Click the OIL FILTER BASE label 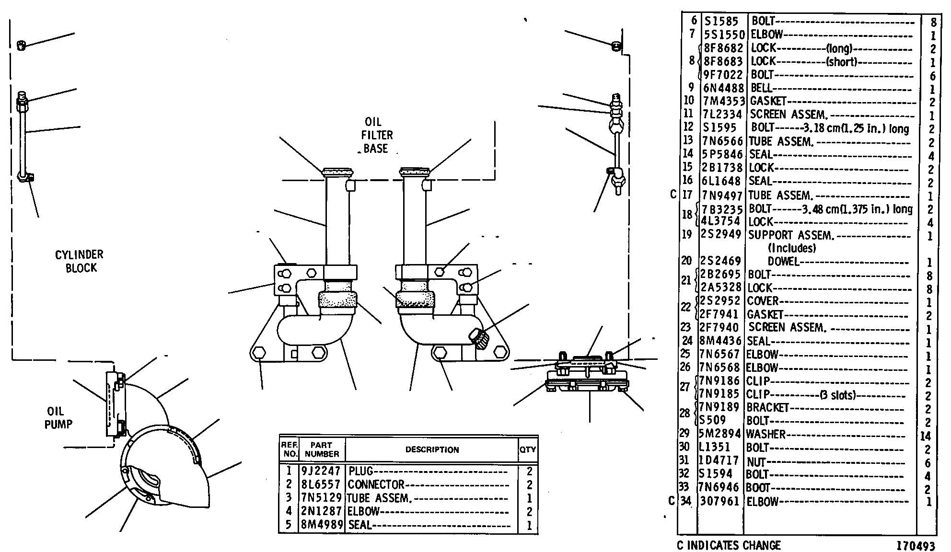pos(377,136)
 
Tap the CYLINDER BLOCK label pos(80,261)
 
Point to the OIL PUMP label pos(58,418)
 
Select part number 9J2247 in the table pos(321,471)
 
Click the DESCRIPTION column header pos(432,449)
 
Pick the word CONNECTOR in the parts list pos(376,484)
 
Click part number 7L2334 pos(723,115)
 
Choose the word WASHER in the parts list pos(766,435)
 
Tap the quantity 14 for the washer pos(926,436)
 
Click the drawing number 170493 pos(916,546)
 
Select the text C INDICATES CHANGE pos(729,545)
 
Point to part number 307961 pos(720,502)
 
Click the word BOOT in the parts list pos(758,488)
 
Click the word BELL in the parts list pos(761,88)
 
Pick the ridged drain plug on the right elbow pos(479,338)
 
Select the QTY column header pos(527,449)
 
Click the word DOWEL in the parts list pos(784,262)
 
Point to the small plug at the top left pos(21,46)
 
